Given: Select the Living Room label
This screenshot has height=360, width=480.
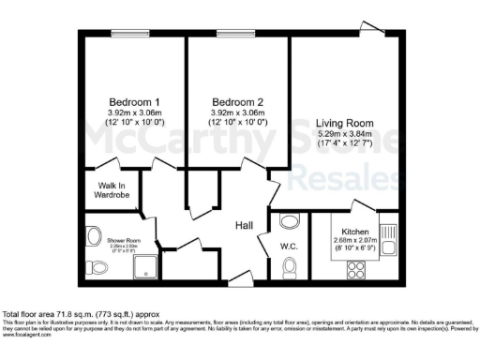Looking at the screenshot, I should click(x=345, y=123).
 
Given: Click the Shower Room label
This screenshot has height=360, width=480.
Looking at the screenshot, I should click(x=121, y=240).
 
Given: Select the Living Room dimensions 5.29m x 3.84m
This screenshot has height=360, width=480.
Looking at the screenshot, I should click(x=345, y=134).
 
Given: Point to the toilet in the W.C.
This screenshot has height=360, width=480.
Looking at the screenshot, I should click(x=291, y=270).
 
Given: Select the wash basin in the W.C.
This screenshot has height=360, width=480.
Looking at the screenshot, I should click(x=287, y=222).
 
